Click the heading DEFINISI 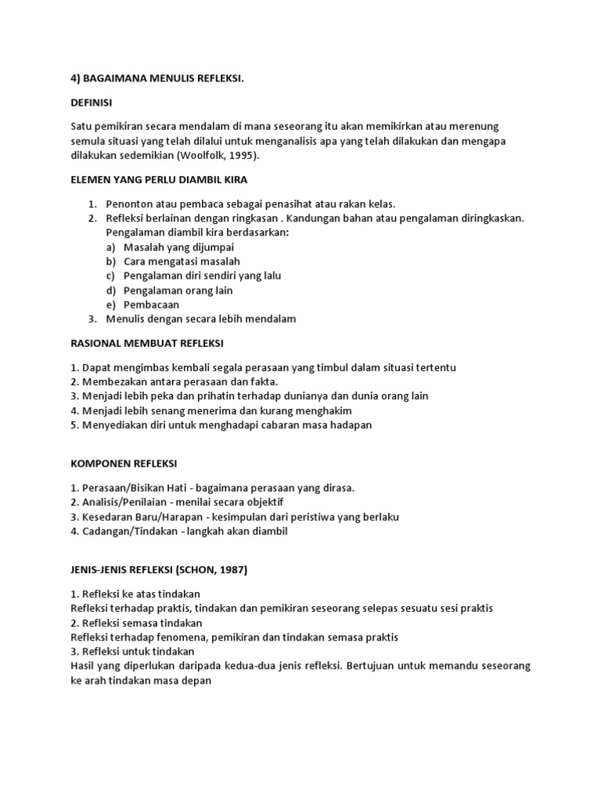click(x=92, y=102)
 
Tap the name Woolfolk click(x=207, y=155)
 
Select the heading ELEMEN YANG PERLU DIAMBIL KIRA click(x=159, y=179)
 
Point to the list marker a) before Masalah click(x=110, y=247)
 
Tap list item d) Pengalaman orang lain click(x=178, y=291)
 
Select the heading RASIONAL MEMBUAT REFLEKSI click(x=147, y=343)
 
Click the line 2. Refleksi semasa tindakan click(x=136, y=623)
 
